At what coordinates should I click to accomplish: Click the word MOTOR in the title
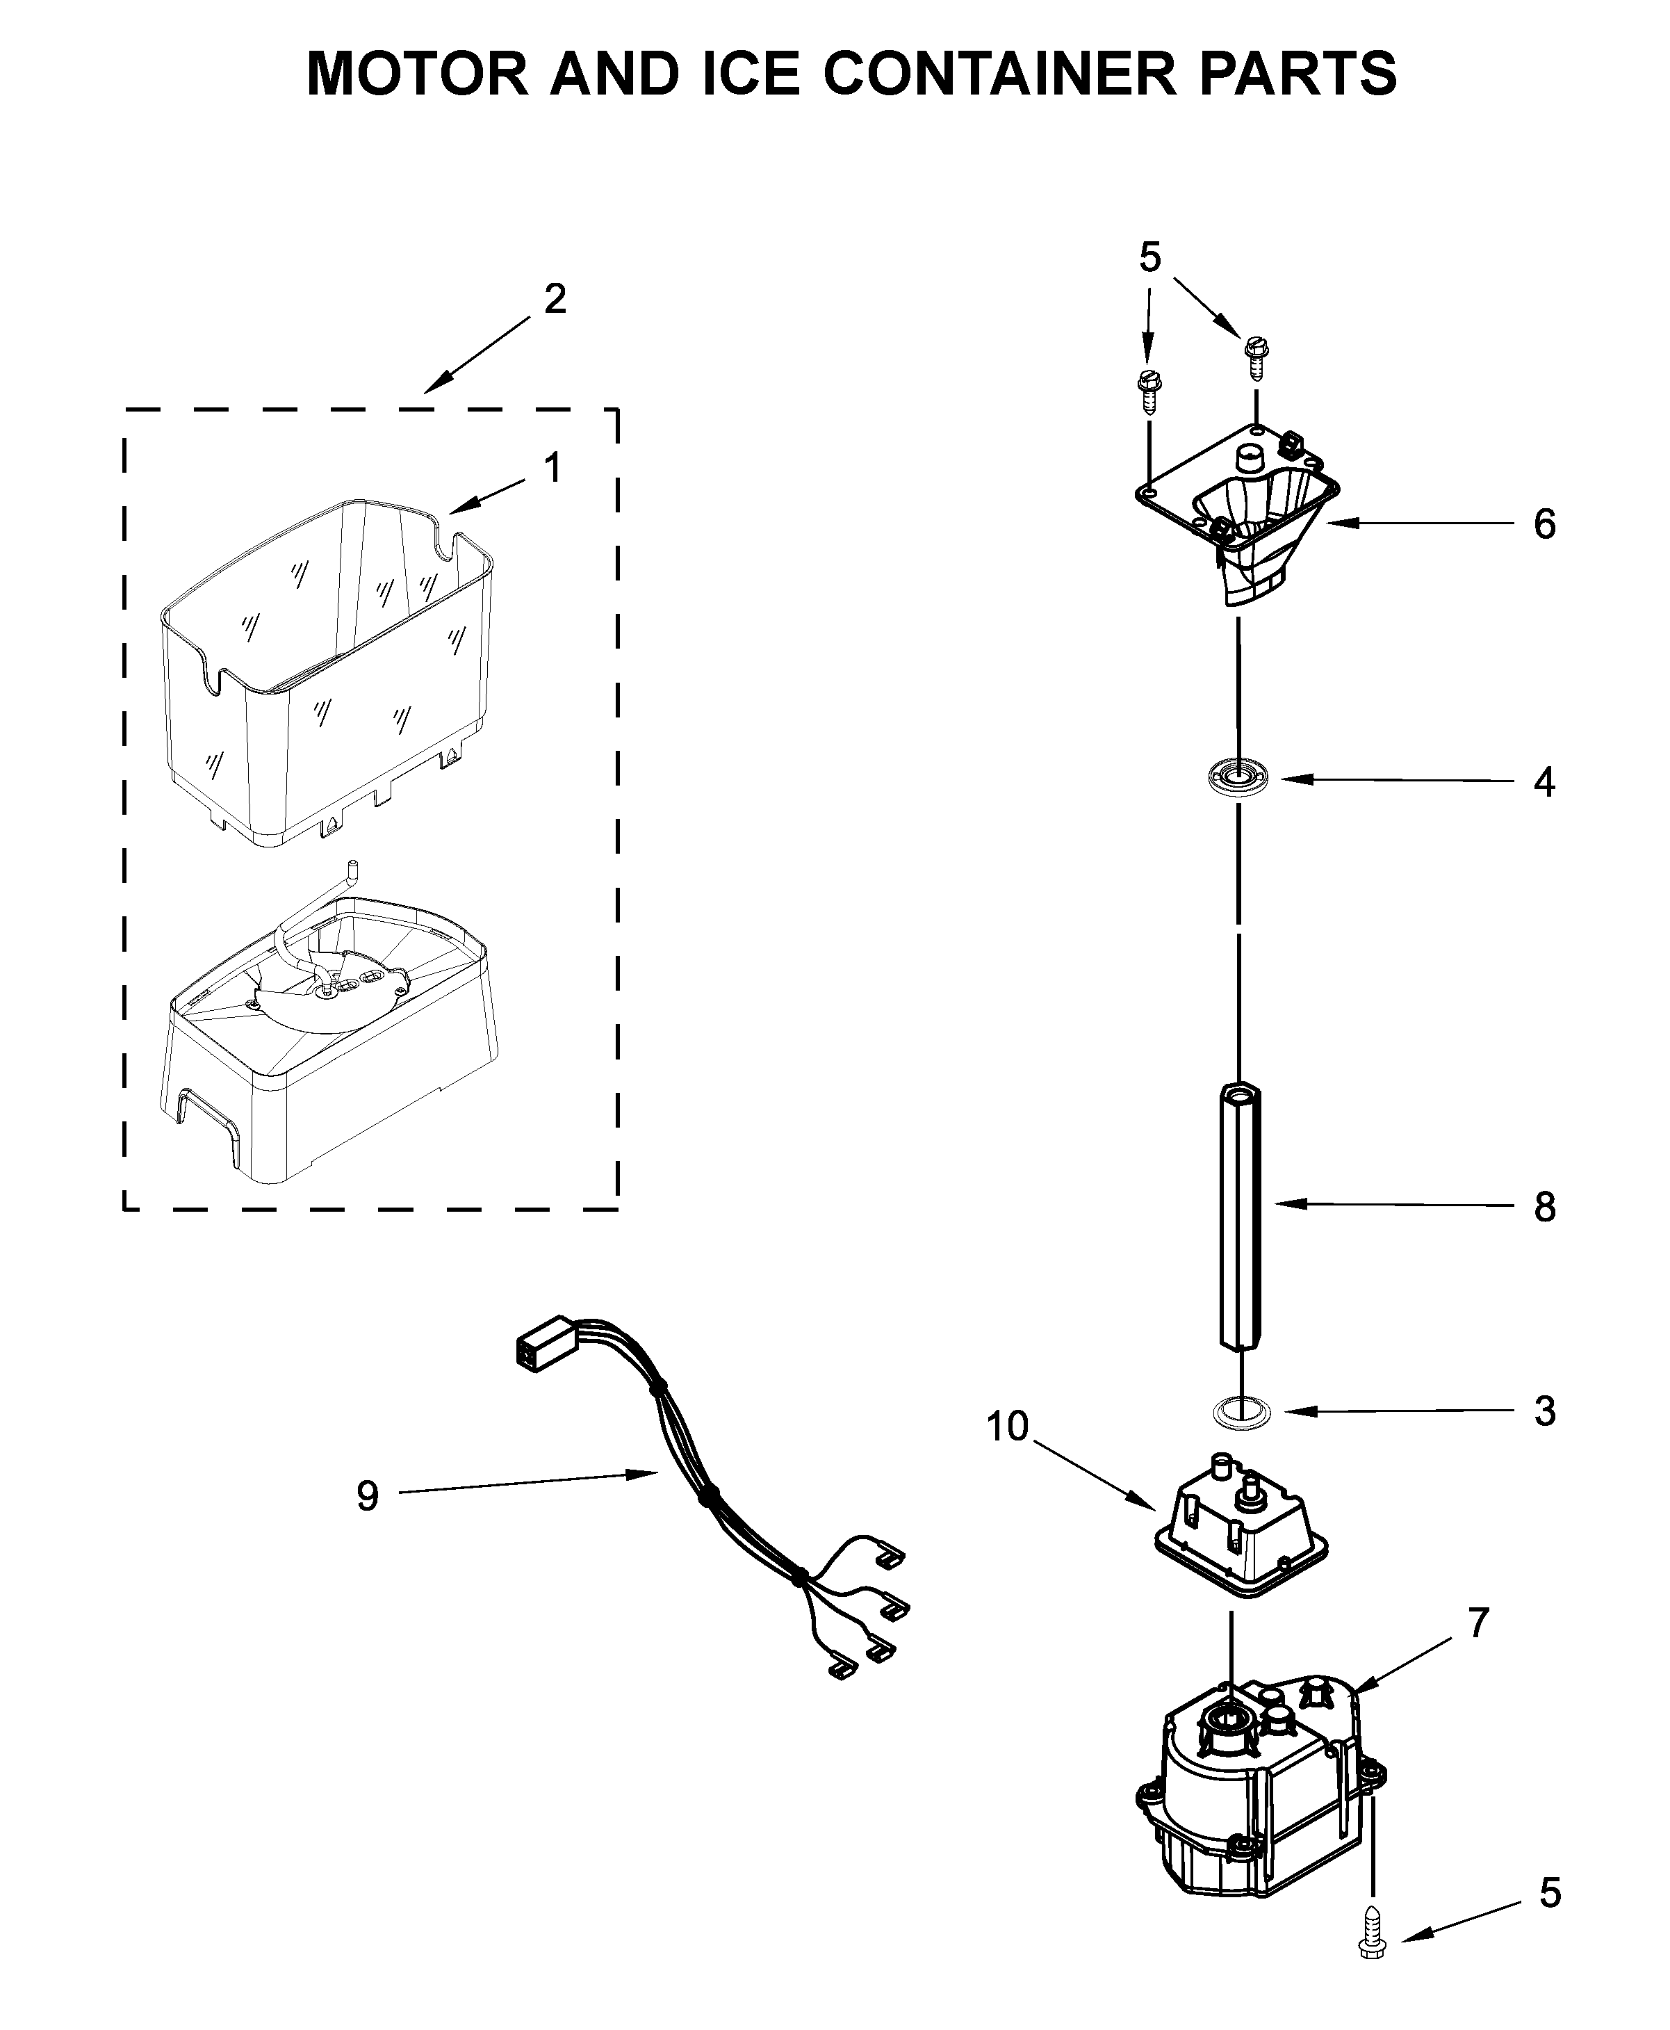coord(416,73)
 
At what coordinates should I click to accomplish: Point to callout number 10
coord(1007,1426)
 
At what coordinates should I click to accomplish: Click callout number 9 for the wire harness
coord(368,1496)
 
